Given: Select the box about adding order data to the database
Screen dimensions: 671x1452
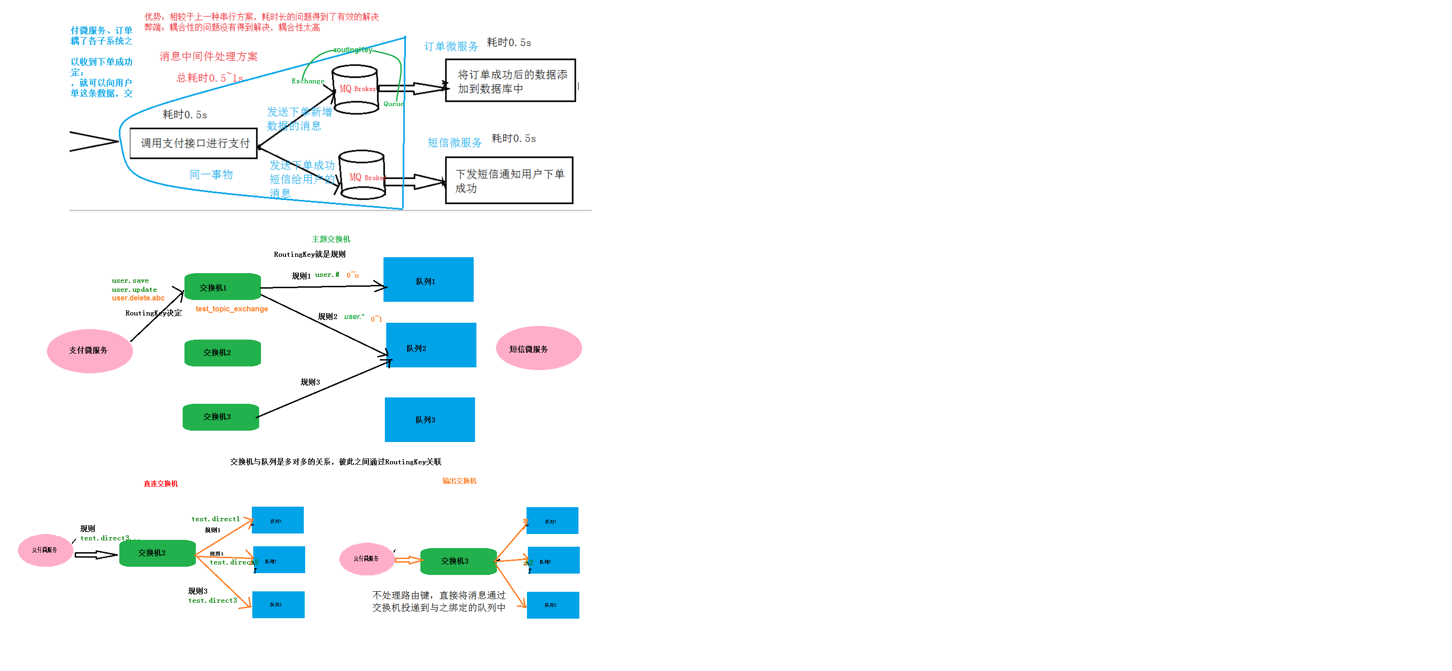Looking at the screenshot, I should [x=510, y=81].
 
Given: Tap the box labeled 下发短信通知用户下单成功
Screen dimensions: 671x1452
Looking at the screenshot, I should [x=509, y=180].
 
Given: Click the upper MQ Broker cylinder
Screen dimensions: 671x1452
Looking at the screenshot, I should [x=355, y=90].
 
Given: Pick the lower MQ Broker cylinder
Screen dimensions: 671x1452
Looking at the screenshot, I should [x=362, y=175].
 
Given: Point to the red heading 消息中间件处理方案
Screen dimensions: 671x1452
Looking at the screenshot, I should [x=208, y=56].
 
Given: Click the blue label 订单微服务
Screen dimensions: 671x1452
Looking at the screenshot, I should [x=450, y=46].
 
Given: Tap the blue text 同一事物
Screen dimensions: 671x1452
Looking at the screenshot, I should [x=211, y=175].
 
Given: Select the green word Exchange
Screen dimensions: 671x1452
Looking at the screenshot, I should [x=308, y=81].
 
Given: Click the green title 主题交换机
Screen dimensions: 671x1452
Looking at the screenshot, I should [x=331, y=239].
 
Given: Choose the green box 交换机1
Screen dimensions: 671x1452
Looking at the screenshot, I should [x=222, y=287].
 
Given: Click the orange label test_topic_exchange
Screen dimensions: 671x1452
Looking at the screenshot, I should [x=232, y=309].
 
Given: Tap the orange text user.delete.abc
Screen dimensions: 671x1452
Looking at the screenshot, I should [x=138, y=298].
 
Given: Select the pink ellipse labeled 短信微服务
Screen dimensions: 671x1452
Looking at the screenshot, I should [x=538, y=348].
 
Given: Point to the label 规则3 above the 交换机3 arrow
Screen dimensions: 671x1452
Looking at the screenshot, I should [x=310, y=382].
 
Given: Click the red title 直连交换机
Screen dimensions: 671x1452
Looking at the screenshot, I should [x=161, y=483].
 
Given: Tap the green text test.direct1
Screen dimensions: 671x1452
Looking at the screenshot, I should [x=215, y=519].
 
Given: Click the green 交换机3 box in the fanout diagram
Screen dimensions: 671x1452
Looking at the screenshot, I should [x=458, y=561].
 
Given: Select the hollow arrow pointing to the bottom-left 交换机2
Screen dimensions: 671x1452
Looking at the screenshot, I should [x=95, y=555].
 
